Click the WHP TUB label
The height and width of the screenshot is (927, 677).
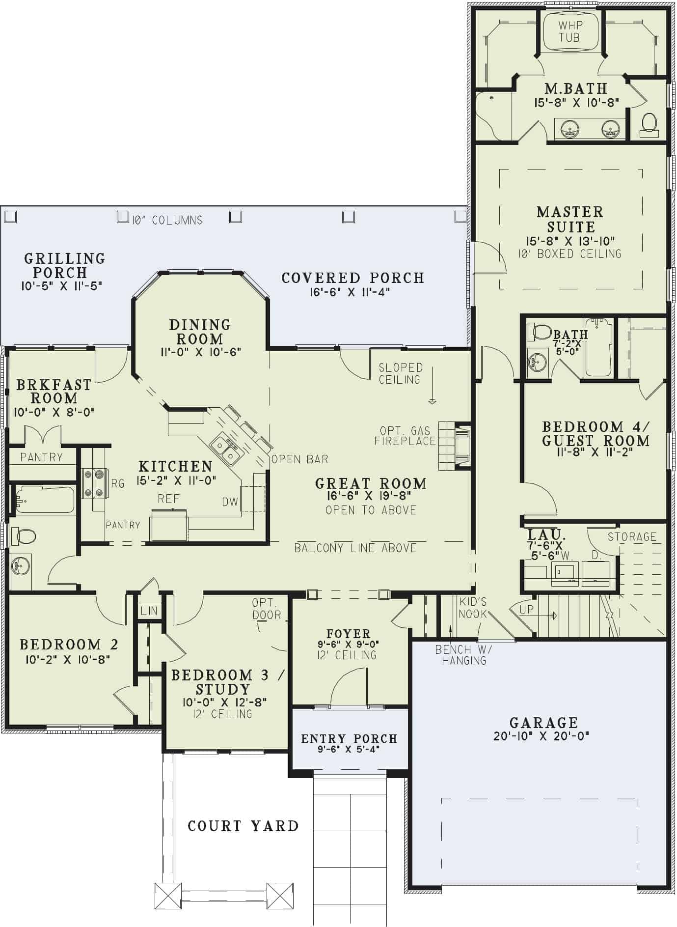point(569,31)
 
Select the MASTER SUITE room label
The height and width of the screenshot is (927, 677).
point(570,219)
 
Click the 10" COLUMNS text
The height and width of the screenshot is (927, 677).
point(167,220)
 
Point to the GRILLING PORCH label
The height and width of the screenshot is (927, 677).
point(64,265)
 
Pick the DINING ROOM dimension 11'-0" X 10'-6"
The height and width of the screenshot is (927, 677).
point(200,352)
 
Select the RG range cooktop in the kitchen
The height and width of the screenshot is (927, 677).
point(95,483)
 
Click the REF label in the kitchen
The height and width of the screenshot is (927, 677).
point(168,499)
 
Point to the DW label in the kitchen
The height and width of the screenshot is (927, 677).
point(230,502)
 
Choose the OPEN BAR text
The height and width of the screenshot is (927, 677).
point(299,459)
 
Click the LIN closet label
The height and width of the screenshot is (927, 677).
point(149,611)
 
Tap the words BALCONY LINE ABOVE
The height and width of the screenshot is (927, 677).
point(355,548)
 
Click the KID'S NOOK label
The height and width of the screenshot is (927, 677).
point(473,608)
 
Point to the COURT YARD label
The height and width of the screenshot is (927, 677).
point(243,826)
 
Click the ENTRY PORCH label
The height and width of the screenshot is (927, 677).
point(349,738)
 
